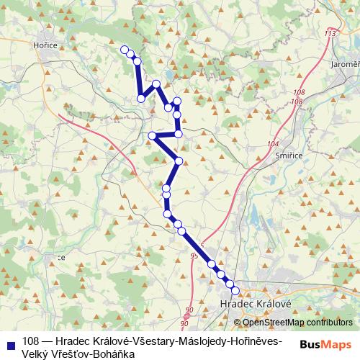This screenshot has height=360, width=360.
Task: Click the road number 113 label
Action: [x=330, y=34]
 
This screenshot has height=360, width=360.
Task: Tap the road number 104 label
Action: [x=272, y=145]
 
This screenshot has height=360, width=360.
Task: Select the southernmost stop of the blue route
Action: [x=235, y=290]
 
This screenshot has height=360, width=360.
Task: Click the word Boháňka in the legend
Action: [x=114, y=353]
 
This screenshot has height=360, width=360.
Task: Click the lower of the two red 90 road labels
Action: [x=184, y=324]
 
